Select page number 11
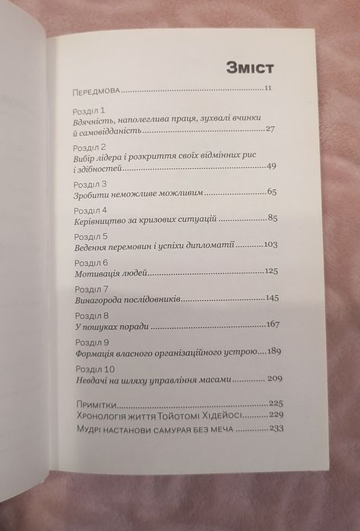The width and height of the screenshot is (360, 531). click(x=269, y=90)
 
